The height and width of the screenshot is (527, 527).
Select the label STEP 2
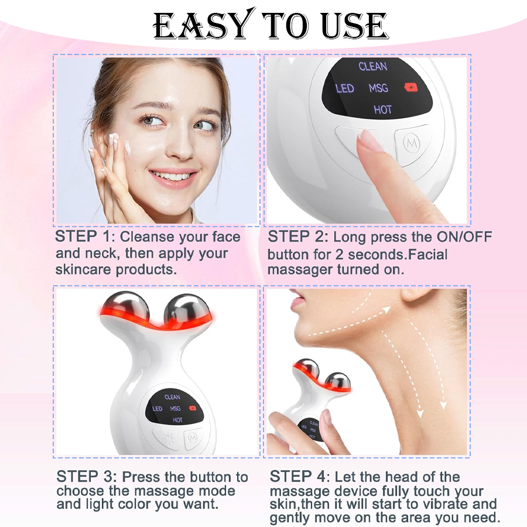(297, 237)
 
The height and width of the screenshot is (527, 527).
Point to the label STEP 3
(86, 477)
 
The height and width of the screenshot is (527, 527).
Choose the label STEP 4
(299, 477)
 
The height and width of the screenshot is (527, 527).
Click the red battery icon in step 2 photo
(411, 88)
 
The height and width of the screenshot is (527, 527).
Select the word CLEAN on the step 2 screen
(373, 66)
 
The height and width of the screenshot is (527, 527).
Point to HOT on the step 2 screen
(382, 109)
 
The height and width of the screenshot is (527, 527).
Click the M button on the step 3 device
(191, 437)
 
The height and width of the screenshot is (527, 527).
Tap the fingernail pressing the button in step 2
(370, 141)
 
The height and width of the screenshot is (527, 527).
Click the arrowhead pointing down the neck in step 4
(443, 405)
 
